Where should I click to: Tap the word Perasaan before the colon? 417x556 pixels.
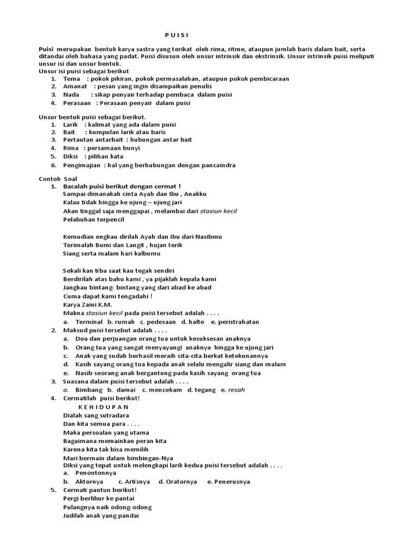pyautogui.click(x=77, y=103)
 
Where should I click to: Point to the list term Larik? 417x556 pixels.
pyautogui.click(x=71, y=124)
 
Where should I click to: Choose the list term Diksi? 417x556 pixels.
pyautogui.click(x=71, y=156)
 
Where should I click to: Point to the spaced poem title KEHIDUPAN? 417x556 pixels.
pyautogui.click(x=104, y=407)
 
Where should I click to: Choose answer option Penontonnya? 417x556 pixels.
pyautogui.click(x=90, y=473)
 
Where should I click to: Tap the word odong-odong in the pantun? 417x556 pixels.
pyautogui.click(x=133, y=507)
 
